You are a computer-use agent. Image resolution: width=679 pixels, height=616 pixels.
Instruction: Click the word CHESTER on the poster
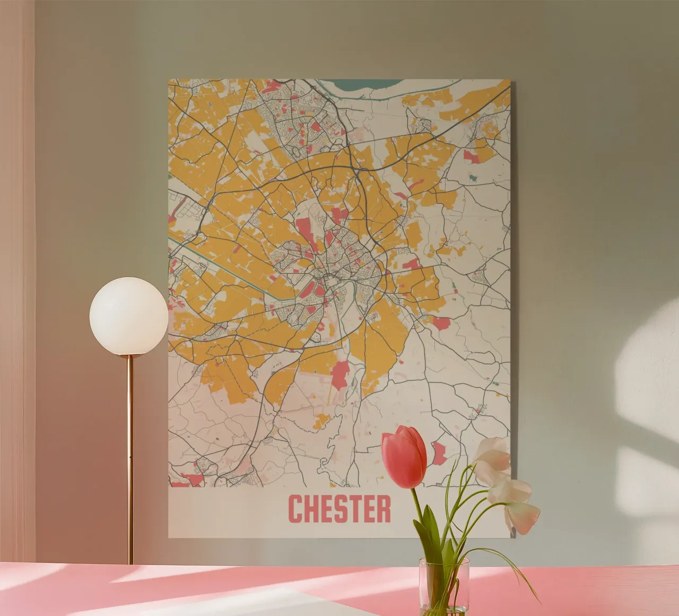[x=339, y=509]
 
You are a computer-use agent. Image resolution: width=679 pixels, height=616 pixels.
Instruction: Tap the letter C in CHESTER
[x=295, y=509]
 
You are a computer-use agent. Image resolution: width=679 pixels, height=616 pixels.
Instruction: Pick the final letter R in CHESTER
[x=383, y=509]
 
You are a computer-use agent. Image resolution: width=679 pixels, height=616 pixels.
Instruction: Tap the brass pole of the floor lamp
[x=130, y=457]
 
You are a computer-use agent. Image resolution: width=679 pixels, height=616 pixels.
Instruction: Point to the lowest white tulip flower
[x=522, y=516]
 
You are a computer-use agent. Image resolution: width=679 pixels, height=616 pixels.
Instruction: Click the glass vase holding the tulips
[x=444, y=584]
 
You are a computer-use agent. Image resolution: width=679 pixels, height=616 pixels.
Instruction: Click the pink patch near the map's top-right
[x=471, y=157]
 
